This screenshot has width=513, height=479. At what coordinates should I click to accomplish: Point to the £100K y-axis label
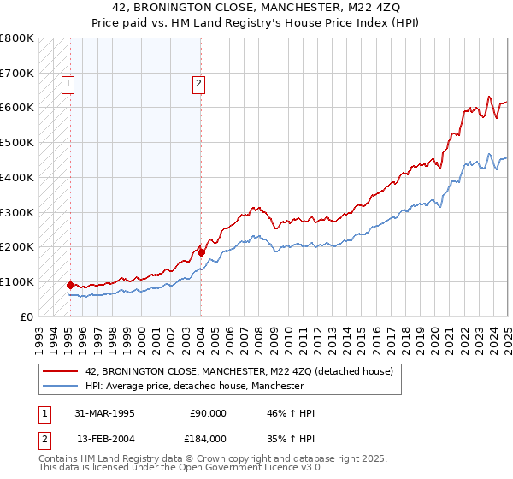point(17,281)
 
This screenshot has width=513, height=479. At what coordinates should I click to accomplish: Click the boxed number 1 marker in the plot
point(68,84)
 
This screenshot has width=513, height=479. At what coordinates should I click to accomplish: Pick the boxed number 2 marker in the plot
point(198,84)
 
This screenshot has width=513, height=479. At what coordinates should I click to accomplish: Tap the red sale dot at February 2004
point(201,252)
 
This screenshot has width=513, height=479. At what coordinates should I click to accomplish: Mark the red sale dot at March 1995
point(70,285)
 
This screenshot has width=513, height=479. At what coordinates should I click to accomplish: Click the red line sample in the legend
point(60,371)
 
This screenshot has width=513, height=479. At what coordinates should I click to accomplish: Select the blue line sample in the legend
point(60,387)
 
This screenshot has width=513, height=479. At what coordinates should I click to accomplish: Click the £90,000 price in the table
point(208,413)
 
